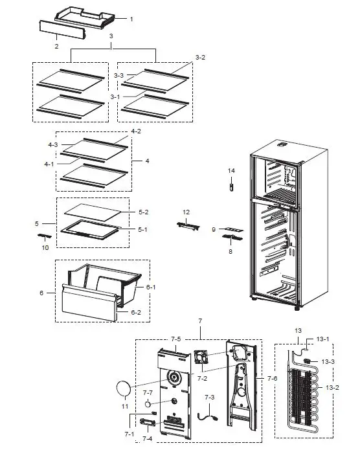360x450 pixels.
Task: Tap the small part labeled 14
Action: (230, 187)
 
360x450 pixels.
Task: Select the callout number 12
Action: (186, 212)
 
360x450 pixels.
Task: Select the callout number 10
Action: (45, 247)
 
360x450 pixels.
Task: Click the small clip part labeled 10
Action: (45, 236)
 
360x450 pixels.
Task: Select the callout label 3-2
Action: (199, 58)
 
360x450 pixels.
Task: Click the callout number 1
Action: (131, 19)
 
